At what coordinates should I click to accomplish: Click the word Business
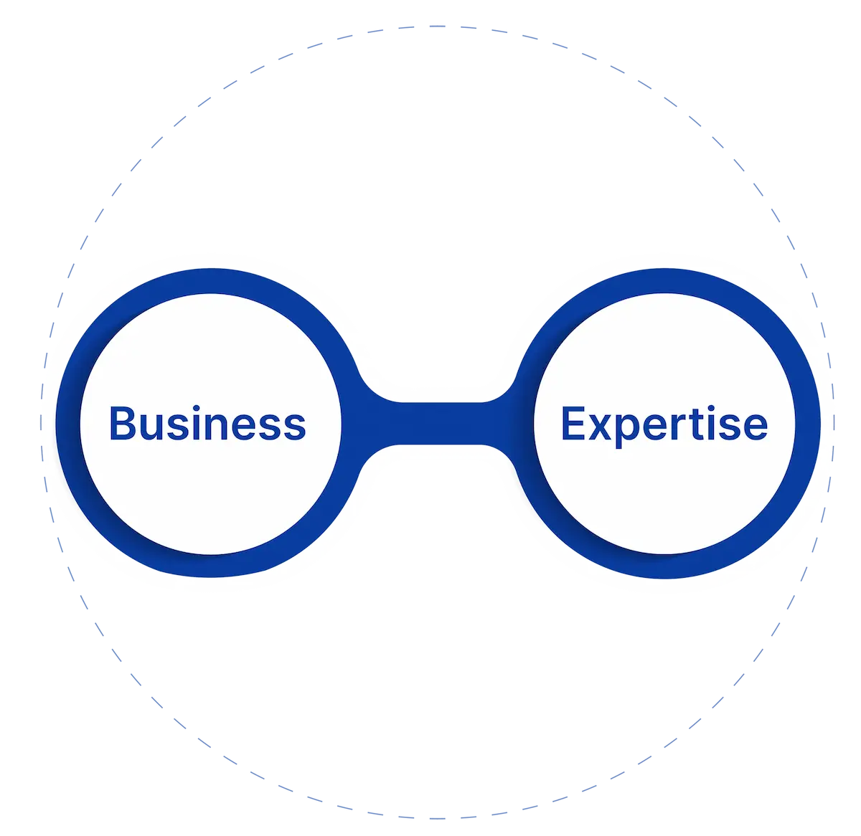207,423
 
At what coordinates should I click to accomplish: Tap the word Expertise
664,424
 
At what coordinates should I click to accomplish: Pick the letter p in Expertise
626,430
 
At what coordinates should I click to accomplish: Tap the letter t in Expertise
687,424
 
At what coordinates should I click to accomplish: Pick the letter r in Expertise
673,427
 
